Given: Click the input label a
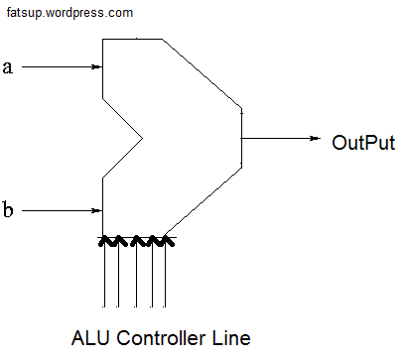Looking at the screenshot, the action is (8, 67).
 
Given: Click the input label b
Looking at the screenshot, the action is (8, 209).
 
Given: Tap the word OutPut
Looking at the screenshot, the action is (363, 143).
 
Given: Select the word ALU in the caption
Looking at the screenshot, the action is (90, 338).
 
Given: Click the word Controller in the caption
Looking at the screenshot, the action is (161, 338).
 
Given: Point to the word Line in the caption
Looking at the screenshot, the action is (231, 338).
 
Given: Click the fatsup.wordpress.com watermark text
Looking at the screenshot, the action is (69, 13).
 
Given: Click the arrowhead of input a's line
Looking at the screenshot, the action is (96, 66).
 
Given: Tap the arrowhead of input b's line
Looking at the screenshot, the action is (96, 210).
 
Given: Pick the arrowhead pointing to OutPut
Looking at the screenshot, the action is (315, 138).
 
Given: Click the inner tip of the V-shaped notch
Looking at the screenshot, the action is (142, 138).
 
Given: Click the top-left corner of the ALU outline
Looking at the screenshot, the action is (102, 39).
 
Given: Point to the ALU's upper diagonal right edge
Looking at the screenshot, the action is (202, 73).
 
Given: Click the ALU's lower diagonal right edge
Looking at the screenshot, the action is (203, 201).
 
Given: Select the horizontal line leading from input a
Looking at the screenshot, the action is (62, 66).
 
